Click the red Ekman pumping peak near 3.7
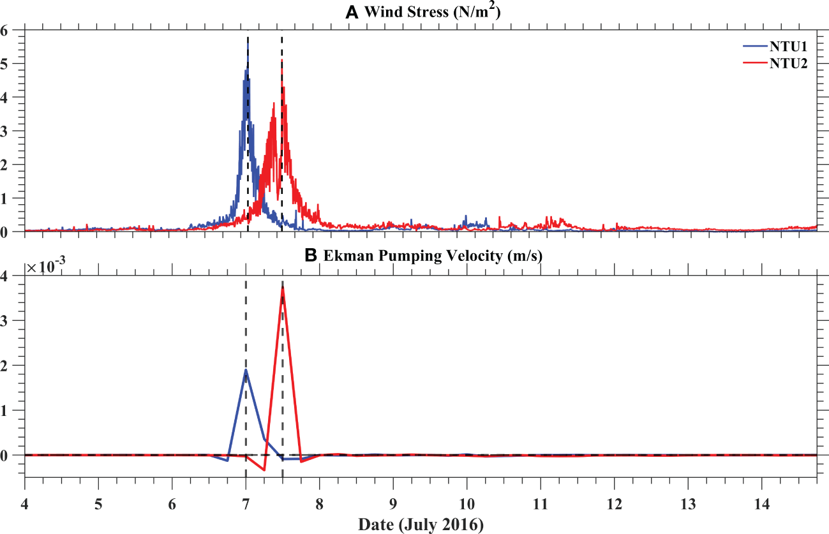[282, 288]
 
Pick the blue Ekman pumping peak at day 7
[246, 369]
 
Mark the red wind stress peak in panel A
[283, 85]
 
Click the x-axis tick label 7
[246, 502]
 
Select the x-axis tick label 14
[761, 502]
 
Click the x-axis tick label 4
[25, 502]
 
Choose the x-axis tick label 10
[467, 502]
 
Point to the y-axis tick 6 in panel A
[14, 30]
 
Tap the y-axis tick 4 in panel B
[14, 276]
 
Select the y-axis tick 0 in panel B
[14, 455]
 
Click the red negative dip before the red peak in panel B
[264, 470]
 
